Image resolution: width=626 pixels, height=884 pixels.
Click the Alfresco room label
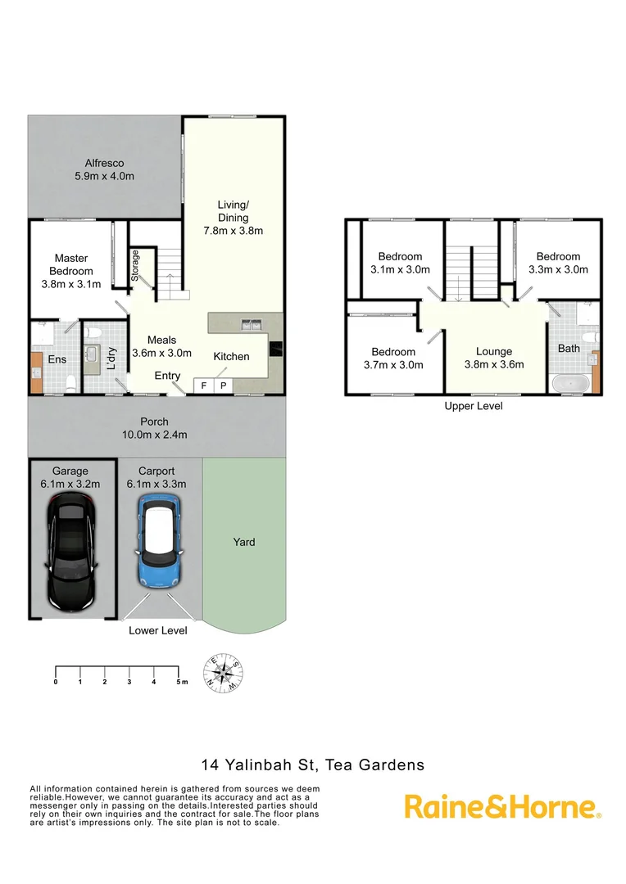(104, 169)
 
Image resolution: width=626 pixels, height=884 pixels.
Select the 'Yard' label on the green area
(243, 542)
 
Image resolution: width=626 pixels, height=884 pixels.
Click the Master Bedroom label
(70, 271)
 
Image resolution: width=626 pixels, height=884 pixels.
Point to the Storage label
(136, 266)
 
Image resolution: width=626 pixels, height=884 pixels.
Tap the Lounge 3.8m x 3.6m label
(494, 358)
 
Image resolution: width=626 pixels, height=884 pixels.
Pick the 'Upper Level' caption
(474, 407)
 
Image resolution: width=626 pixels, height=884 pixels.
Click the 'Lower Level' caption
(157, 631)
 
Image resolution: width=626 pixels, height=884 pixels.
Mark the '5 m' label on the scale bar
(181, 681)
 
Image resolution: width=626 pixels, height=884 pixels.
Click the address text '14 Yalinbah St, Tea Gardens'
(313, 766)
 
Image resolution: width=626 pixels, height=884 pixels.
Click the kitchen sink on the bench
(250, 325)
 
